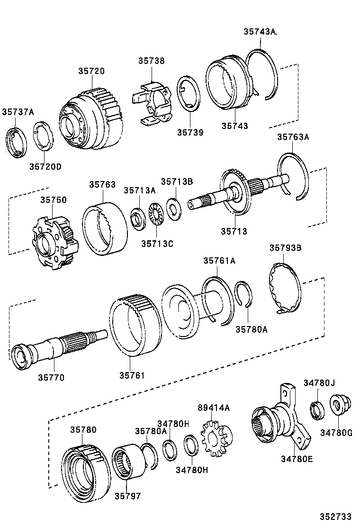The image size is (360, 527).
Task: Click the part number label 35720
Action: (x=91, y=71)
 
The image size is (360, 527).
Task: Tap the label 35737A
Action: (x=18, y=112)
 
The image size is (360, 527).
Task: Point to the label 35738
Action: (x=152, y=61)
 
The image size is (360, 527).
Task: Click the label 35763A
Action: (x=293, y=137)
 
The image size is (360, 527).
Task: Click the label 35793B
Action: (x=286, y=247)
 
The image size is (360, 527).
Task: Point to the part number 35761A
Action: (x=219, y=260)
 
